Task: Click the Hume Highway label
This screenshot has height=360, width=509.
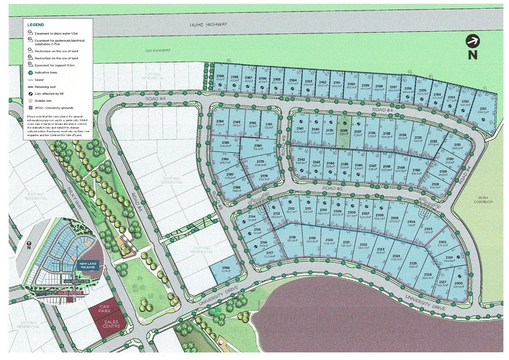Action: (x=206, y=25)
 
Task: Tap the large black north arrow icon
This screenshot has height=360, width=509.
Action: (x=472, y=41)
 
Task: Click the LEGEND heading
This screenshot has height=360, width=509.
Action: (x=36, y=25)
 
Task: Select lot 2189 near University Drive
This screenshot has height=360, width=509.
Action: (x=226, y=270)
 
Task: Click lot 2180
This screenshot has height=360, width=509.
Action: (x=258, y=147)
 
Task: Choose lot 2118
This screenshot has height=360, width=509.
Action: (x=292, y=239)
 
